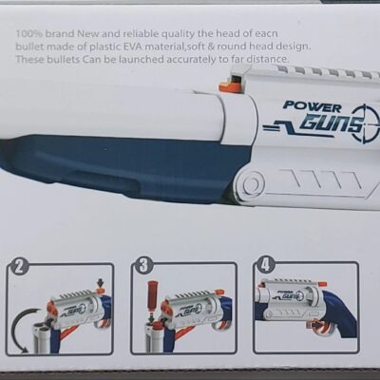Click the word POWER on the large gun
pyautogui.click(x=313, y=106)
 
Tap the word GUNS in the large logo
pyautogui.click(x=331, y=124)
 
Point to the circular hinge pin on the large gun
pyautogui.click(x=252, y=183)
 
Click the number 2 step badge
pyautogui.click(x=19, y=267)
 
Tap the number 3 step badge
pyautogui.click(x=142, y=266)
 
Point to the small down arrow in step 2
pyautogui.click(x=101, y=282)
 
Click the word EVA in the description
pyautogui.click(x=134, y=47)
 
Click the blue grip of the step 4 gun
pyautogui.click(x=339, y=313)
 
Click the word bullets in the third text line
pyautogui.click(x=63, y=59)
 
